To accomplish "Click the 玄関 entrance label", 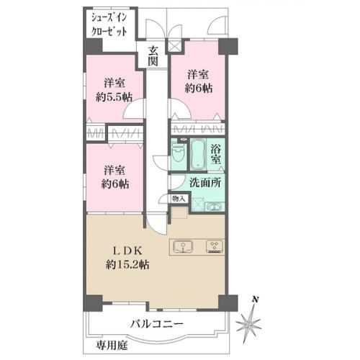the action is [x=153, y=56].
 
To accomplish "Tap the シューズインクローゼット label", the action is [x=109, y=25].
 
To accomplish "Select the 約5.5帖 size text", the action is [x=114, y=97].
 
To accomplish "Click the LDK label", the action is [x=128, y=251].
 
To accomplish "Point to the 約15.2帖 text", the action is [x=127, y=264].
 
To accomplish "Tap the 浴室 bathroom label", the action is [x=215, y=155].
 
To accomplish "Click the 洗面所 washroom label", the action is [x=205, y=183].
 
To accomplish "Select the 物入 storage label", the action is [x=179, y=199].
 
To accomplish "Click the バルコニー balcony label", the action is [x=157, y=324].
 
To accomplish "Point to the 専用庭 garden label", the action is [x=112, y=346].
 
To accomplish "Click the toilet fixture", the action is [x=178, y=154].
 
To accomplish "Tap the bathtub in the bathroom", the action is [x=197, y=154].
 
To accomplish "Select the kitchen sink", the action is [x=183, y=247].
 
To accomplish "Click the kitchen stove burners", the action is [x=215, y=246].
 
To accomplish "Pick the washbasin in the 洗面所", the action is [x=215, y=207].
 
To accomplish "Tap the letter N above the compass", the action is [x=256, y=300].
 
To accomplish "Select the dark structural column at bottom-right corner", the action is [x=228, y=303].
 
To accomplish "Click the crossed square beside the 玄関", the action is [x=174, y=45].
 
